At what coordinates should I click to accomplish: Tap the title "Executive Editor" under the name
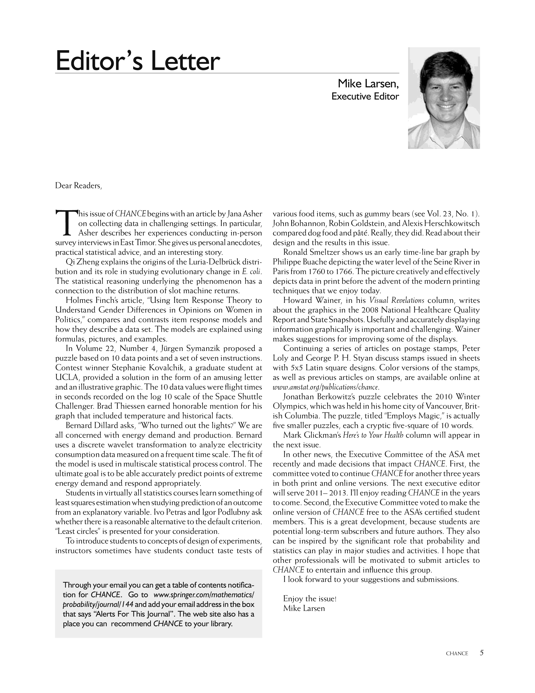(x=365, y=96)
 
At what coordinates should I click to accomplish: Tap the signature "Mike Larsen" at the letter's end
(x=304, y=608)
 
